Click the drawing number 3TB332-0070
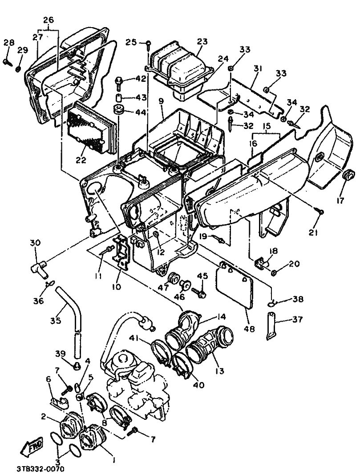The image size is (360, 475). (40, 468)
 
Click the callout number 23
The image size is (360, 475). (202, 41)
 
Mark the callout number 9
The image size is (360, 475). (161, 101)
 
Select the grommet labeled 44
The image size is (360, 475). (119, 110)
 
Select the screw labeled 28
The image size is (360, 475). (7, 62)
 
